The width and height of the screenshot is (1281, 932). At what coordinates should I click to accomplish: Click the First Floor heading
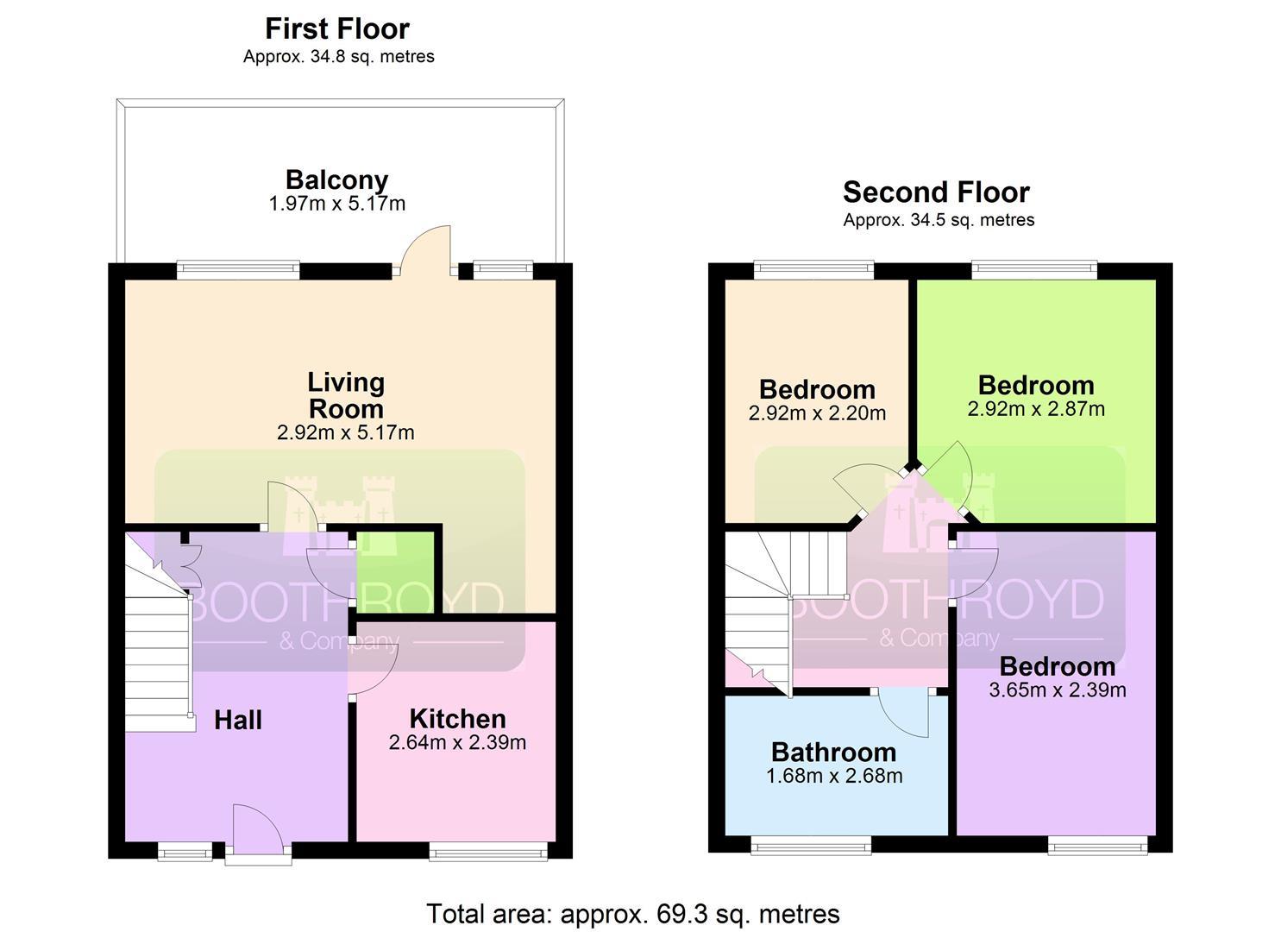(x=337, y=28)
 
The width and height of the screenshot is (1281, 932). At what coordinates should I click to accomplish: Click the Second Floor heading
(x=936, y=192)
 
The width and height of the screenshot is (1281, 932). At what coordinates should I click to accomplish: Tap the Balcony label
(x=336, y=179)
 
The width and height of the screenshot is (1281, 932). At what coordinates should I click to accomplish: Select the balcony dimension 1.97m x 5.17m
(x=336, y=204)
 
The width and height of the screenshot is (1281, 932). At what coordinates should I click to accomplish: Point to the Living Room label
(x=346, y=395)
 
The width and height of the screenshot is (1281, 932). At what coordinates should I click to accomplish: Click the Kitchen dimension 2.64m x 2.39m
(x=457, y=742)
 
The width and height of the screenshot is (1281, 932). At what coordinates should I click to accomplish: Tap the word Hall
(x=238, y=720)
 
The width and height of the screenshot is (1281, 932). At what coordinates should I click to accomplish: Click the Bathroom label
(x=834, y=753)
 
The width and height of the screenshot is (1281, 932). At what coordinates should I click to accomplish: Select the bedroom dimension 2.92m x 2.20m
(x=817, y=413)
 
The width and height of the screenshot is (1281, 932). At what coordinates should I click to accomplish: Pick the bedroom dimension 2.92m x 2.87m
(x=1036, y=409)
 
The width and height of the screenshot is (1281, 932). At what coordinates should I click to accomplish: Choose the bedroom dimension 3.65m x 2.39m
(x=1058, y=690)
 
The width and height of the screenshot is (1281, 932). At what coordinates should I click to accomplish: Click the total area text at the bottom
(x=633, y=914)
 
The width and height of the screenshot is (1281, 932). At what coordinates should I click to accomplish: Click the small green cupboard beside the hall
(x=395, y=572)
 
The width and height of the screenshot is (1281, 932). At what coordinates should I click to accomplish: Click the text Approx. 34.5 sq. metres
(x=939, y=220)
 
